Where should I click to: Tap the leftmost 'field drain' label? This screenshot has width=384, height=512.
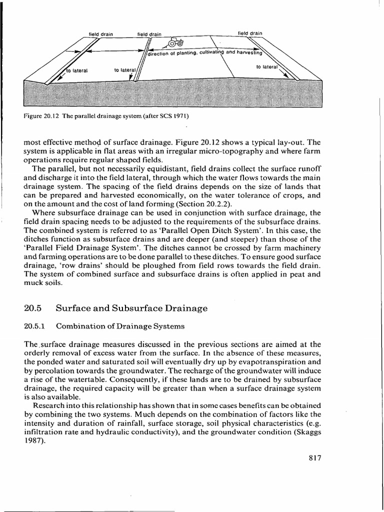coord(101,34)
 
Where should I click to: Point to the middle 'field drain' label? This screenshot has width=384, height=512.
coord(149,34)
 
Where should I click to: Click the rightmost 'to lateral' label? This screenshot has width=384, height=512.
coord(266,66)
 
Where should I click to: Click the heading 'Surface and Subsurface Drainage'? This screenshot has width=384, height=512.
coord(132,308)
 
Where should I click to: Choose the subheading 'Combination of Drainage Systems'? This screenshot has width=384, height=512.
coord(120,326)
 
